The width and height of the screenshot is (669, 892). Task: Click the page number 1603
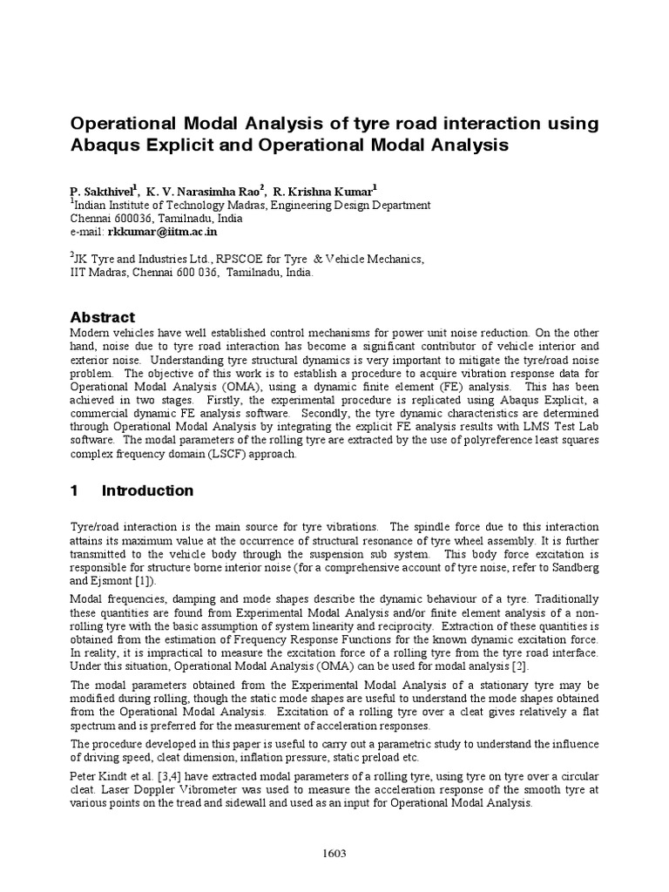[x=334, y=853]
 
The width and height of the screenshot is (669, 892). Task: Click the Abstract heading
[x=102, y=318]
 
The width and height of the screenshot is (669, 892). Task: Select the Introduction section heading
[x=147, y=490]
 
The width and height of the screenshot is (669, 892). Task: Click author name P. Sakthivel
[x=103, y=190]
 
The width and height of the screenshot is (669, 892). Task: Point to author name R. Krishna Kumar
[x=324, y=190]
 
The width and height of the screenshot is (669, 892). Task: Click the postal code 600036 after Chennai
[x=132, y=220]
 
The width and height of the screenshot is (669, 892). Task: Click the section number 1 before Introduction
[x=74, y=490]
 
